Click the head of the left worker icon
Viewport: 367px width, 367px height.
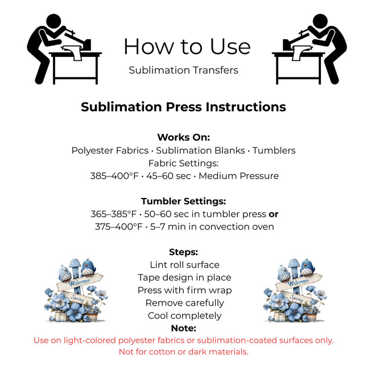click(x=53, y=21)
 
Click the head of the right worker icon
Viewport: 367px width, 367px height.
click(x=320, y=21)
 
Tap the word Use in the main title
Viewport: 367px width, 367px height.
click(x=230, y=47)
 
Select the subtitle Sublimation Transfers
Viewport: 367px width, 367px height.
click(x=183, y=70)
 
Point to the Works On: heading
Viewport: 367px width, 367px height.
click(x=183, y=137)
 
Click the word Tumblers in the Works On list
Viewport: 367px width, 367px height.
click(x=274, y=150)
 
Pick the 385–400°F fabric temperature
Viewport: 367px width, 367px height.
click(x=114, y=176)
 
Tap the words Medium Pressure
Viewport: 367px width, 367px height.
click(x=239, y=176)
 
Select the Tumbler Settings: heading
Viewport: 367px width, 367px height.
click(x=183, y=201)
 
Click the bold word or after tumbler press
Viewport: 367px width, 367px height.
click(x=274, y=215)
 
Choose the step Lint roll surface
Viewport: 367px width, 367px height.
click(x=185, y=265)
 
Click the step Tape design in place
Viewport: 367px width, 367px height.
click(x=185, y=278)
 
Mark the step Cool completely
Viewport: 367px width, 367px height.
click(x=185, y=316)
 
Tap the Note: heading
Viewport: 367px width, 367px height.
click(x=183, y=328)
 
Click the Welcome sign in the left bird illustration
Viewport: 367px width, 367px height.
click(x=80, y=282)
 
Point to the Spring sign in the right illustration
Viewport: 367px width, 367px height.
click(x=296, y=298)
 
